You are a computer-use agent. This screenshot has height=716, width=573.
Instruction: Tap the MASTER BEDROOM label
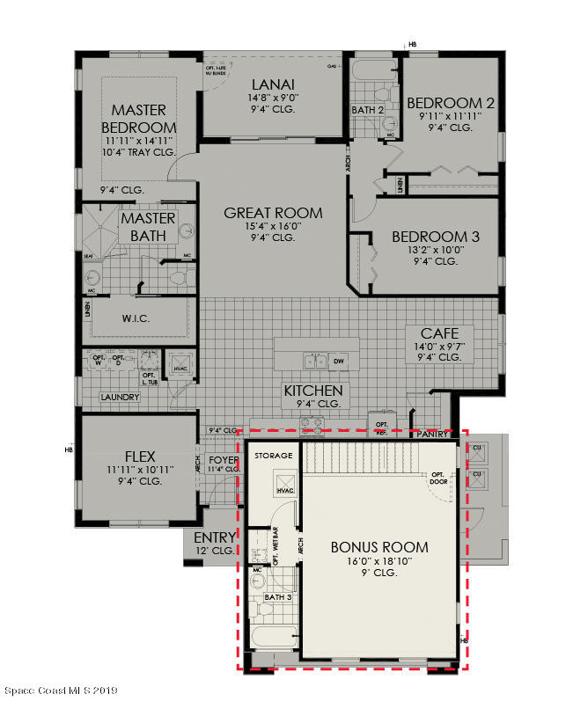[139, 118]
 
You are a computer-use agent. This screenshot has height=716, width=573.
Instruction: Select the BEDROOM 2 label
[451, 103]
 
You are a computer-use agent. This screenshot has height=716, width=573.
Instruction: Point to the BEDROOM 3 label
[436, 237]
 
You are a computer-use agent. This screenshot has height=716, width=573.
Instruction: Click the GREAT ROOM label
[273, 213]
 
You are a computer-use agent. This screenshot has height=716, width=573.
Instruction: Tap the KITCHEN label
[312, 390]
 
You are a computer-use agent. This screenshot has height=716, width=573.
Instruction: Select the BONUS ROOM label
[379, 546]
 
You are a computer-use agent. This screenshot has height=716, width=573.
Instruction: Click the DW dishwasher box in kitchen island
[339, 361]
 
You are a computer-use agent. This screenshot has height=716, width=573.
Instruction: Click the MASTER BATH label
[148, 227]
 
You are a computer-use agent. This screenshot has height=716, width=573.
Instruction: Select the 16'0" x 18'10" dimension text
[379, 560]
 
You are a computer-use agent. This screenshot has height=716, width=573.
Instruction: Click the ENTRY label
[214, 537]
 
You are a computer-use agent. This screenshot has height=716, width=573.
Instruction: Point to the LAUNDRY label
[121, 398]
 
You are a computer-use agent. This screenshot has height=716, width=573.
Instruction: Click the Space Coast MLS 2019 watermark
[61, 690]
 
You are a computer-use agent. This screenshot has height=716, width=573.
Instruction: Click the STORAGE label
[273, 457]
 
